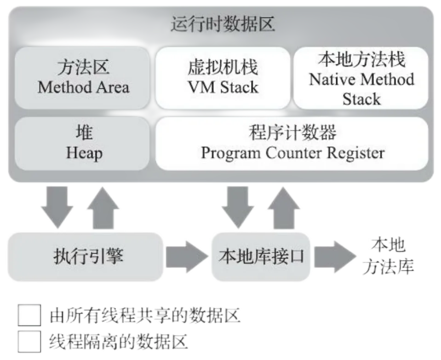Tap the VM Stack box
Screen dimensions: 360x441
[x=223, y=77]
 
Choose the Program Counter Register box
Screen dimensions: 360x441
[x=292, y=143]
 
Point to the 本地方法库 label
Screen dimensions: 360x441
[x=389, y=256]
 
